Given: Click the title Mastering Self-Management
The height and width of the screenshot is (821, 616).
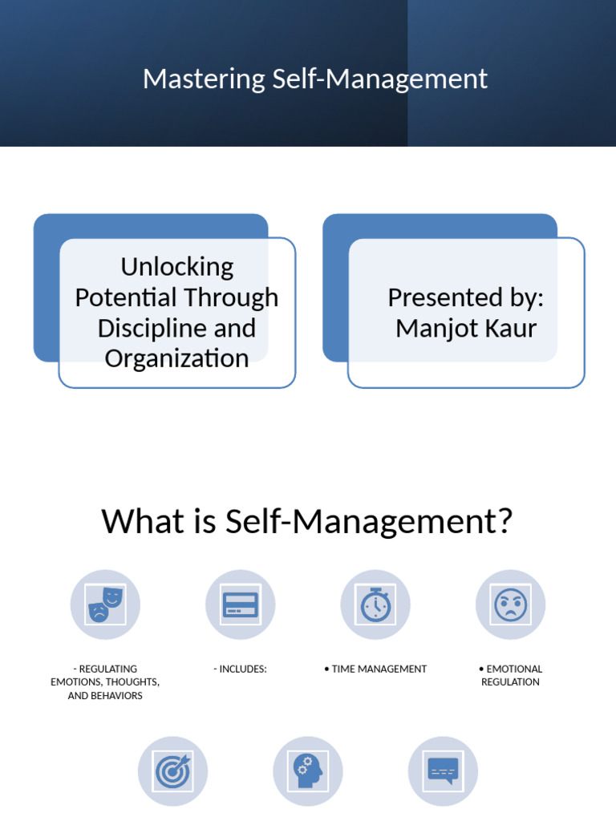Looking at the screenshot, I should click(x=315, y=79).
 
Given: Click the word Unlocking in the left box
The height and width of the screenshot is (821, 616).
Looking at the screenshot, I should click(x=176, y=266).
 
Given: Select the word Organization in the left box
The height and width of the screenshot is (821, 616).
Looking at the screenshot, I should click(x=176, y=358).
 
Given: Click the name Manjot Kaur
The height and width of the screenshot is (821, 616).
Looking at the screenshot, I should click(x=466, y=328).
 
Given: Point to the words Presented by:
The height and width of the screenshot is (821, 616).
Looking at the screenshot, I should click(x=466, y=297).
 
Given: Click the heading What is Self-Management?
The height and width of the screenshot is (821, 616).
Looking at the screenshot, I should click(x=306, y=522).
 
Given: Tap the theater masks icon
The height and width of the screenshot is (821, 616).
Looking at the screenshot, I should click(x=105, y=605).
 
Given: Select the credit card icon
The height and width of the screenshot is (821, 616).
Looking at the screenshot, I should click(x=241, y=605).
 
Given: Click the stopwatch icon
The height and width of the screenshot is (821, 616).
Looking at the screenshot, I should click(x=375, y=605).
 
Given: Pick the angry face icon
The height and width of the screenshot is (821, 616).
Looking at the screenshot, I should click(x=510, y=605).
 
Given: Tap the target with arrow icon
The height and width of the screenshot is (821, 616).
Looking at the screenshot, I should click(x=172, y=771).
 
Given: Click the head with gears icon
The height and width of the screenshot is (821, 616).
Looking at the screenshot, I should click(x=308, y=771).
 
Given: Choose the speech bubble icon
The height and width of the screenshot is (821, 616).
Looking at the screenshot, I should click(x=443, y=771).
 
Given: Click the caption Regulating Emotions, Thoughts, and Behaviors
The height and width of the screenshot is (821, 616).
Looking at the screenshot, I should click(x=105, y=682).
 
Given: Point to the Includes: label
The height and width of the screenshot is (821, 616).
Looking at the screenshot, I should click(x=240, y=669).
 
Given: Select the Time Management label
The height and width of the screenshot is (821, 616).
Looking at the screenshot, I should click(x=375, y=669).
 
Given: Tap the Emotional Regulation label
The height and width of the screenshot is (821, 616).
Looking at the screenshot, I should click(x=510, y=675).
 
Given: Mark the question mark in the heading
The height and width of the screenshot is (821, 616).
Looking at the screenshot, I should click(x=503, y=522).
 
